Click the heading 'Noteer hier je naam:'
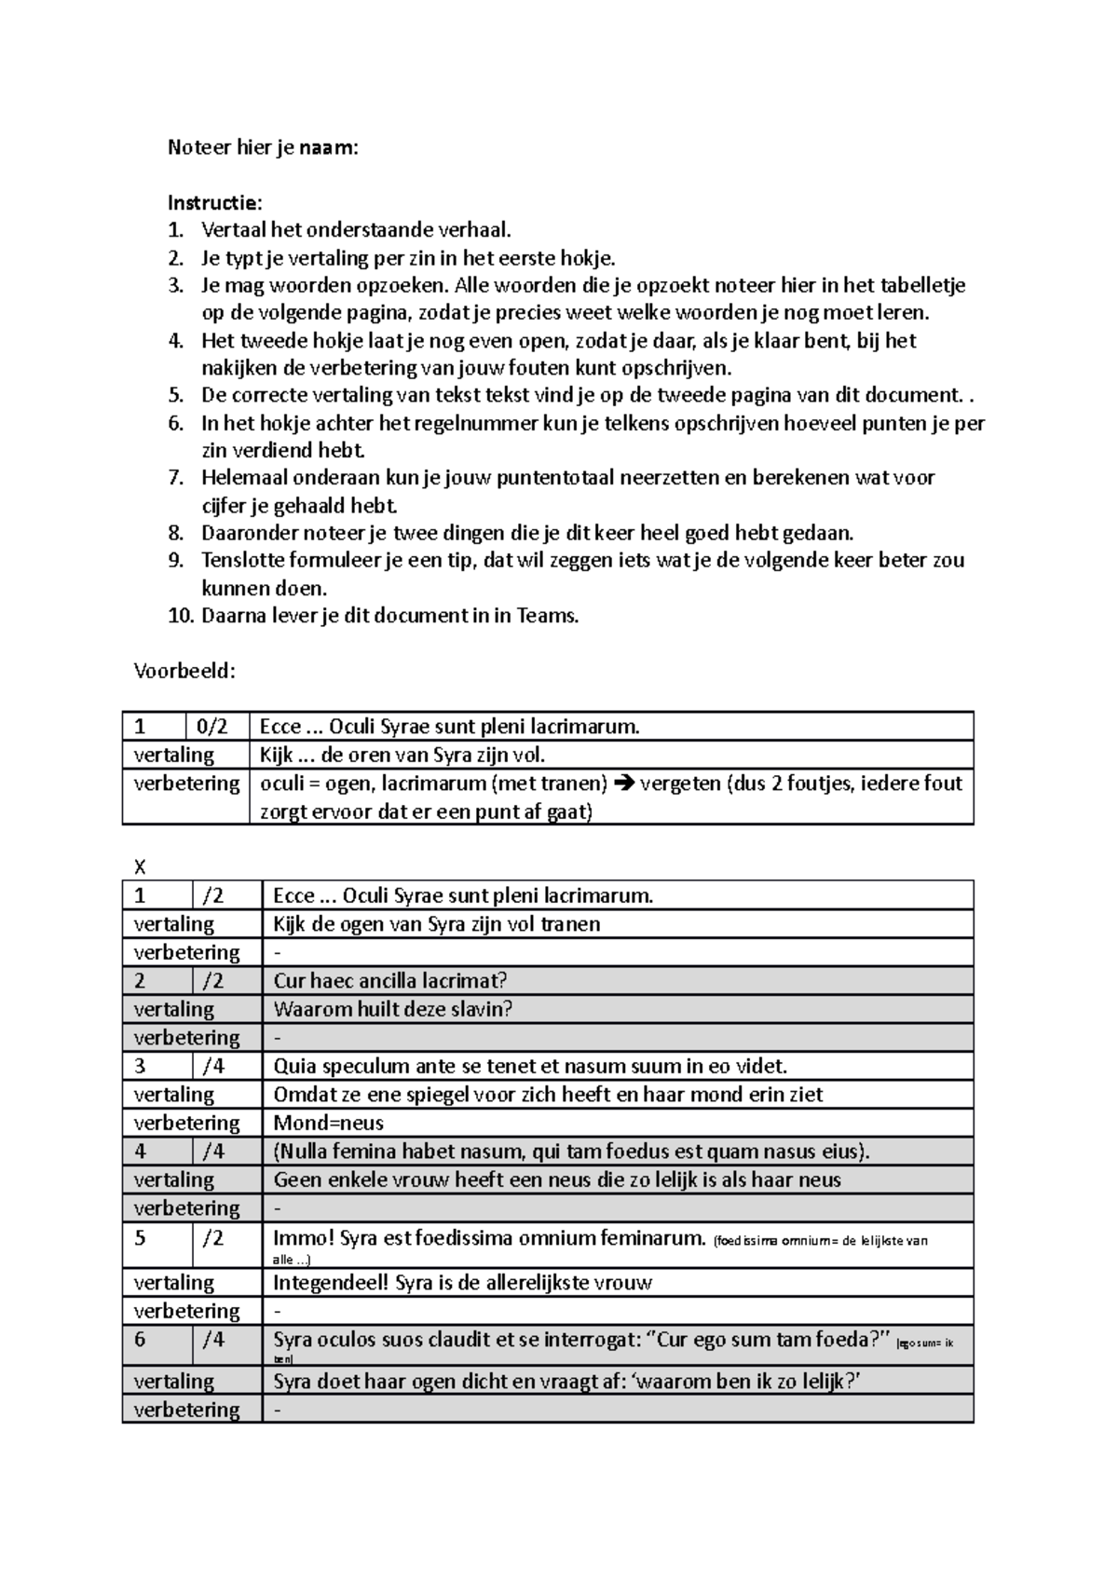coord(262,147)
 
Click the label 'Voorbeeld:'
coord(184,671)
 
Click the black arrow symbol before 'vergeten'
coord(624,784)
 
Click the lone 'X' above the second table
coord(140,867)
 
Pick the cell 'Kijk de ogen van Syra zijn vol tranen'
coord(436,924)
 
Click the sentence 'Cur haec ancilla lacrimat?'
coord(389,980)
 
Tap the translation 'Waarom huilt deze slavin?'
coord(392,1009)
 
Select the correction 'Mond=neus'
coord(328,1123)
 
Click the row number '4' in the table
coord(141,1152)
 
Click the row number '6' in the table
coord(141,1340)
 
